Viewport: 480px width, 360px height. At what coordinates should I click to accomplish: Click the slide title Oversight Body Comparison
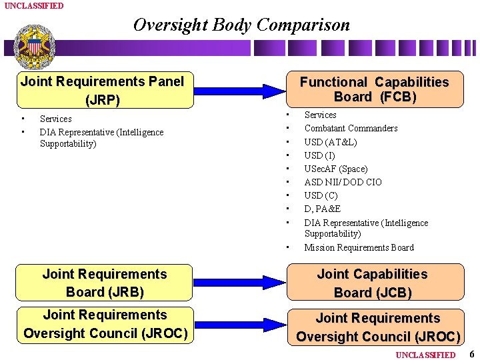tap(241, 25)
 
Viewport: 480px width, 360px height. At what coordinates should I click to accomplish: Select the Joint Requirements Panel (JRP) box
tap(102, 90)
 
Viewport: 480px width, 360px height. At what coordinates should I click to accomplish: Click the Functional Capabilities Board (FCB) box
tap(374, 89)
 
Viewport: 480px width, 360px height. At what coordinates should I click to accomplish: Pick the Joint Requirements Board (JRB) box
tap(105, 283)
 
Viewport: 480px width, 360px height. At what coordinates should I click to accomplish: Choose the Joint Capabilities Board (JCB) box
tap(373, 283)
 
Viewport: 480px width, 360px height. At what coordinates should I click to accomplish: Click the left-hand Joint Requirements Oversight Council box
tap(105, 323)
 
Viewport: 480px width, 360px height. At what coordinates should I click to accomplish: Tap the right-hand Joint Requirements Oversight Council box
tap(378, 327)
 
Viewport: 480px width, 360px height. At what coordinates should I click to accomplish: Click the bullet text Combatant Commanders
tap(351, 128)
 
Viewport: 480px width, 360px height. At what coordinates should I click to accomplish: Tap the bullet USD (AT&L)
tap(331, 142)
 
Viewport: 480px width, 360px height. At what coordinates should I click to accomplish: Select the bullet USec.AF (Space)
tap(335, 169)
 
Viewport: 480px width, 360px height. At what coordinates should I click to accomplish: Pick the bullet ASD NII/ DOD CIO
tap(343, 182)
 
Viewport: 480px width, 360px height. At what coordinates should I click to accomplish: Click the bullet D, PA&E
tap(322, 209)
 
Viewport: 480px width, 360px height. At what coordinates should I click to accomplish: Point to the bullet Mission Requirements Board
tap(359, 247)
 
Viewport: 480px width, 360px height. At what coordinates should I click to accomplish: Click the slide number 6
tap(471, 354)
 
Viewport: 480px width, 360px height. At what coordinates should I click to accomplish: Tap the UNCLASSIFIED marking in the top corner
tap(34, 5)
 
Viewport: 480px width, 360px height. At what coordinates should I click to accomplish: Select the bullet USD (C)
tap(321, 195)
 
